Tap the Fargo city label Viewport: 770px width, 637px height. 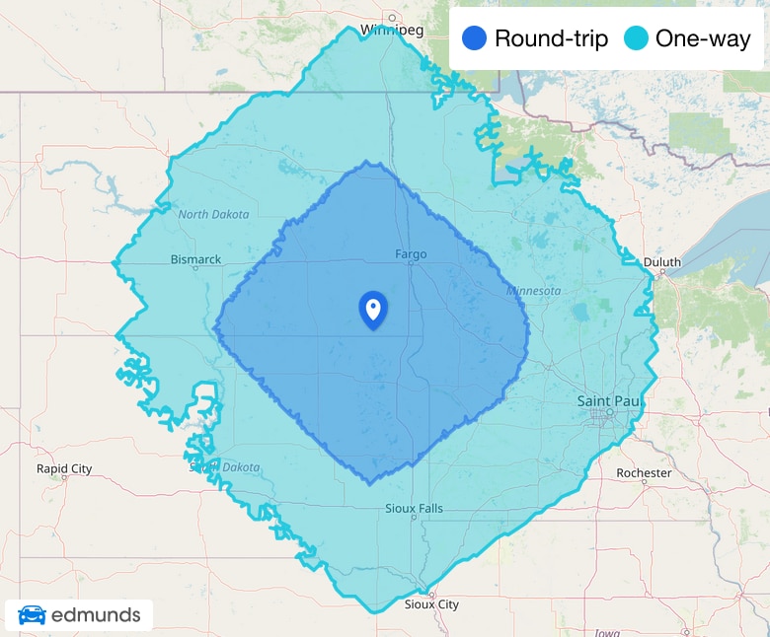coord(411,254)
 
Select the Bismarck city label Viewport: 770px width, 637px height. coord(195,260)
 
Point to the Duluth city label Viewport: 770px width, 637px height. coord(661,262)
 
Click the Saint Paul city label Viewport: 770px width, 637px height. coord(606,401)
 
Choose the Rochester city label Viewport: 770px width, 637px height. coord(644,473)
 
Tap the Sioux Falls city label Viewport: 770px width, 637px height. coord(414,509)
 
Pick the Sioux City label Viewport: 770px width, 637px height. coord(432,604)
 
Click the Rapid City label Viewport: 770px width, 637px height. coord(64,468)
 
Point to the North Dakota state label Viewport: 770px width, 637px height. coord(214,214)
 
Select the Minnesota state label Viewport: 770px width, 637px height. coord(533,291)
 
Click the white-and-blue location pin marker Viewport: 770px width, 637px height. coord(372,310)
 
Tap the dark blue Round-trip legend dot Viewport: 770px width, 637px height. coord(474,39)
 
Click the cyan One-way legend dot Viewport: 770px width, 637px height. coord(637,39)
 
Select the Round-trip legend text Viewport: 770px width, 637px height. coord(551,39)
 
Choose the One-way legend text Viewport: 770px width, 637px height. coord(703,39)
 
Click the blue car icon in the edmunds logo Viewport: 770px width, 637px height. coord(32,615)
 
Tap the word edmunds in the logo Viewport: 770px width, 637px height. coord(96,615)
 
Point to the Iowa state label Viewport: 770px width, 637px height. coord(607,632)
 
